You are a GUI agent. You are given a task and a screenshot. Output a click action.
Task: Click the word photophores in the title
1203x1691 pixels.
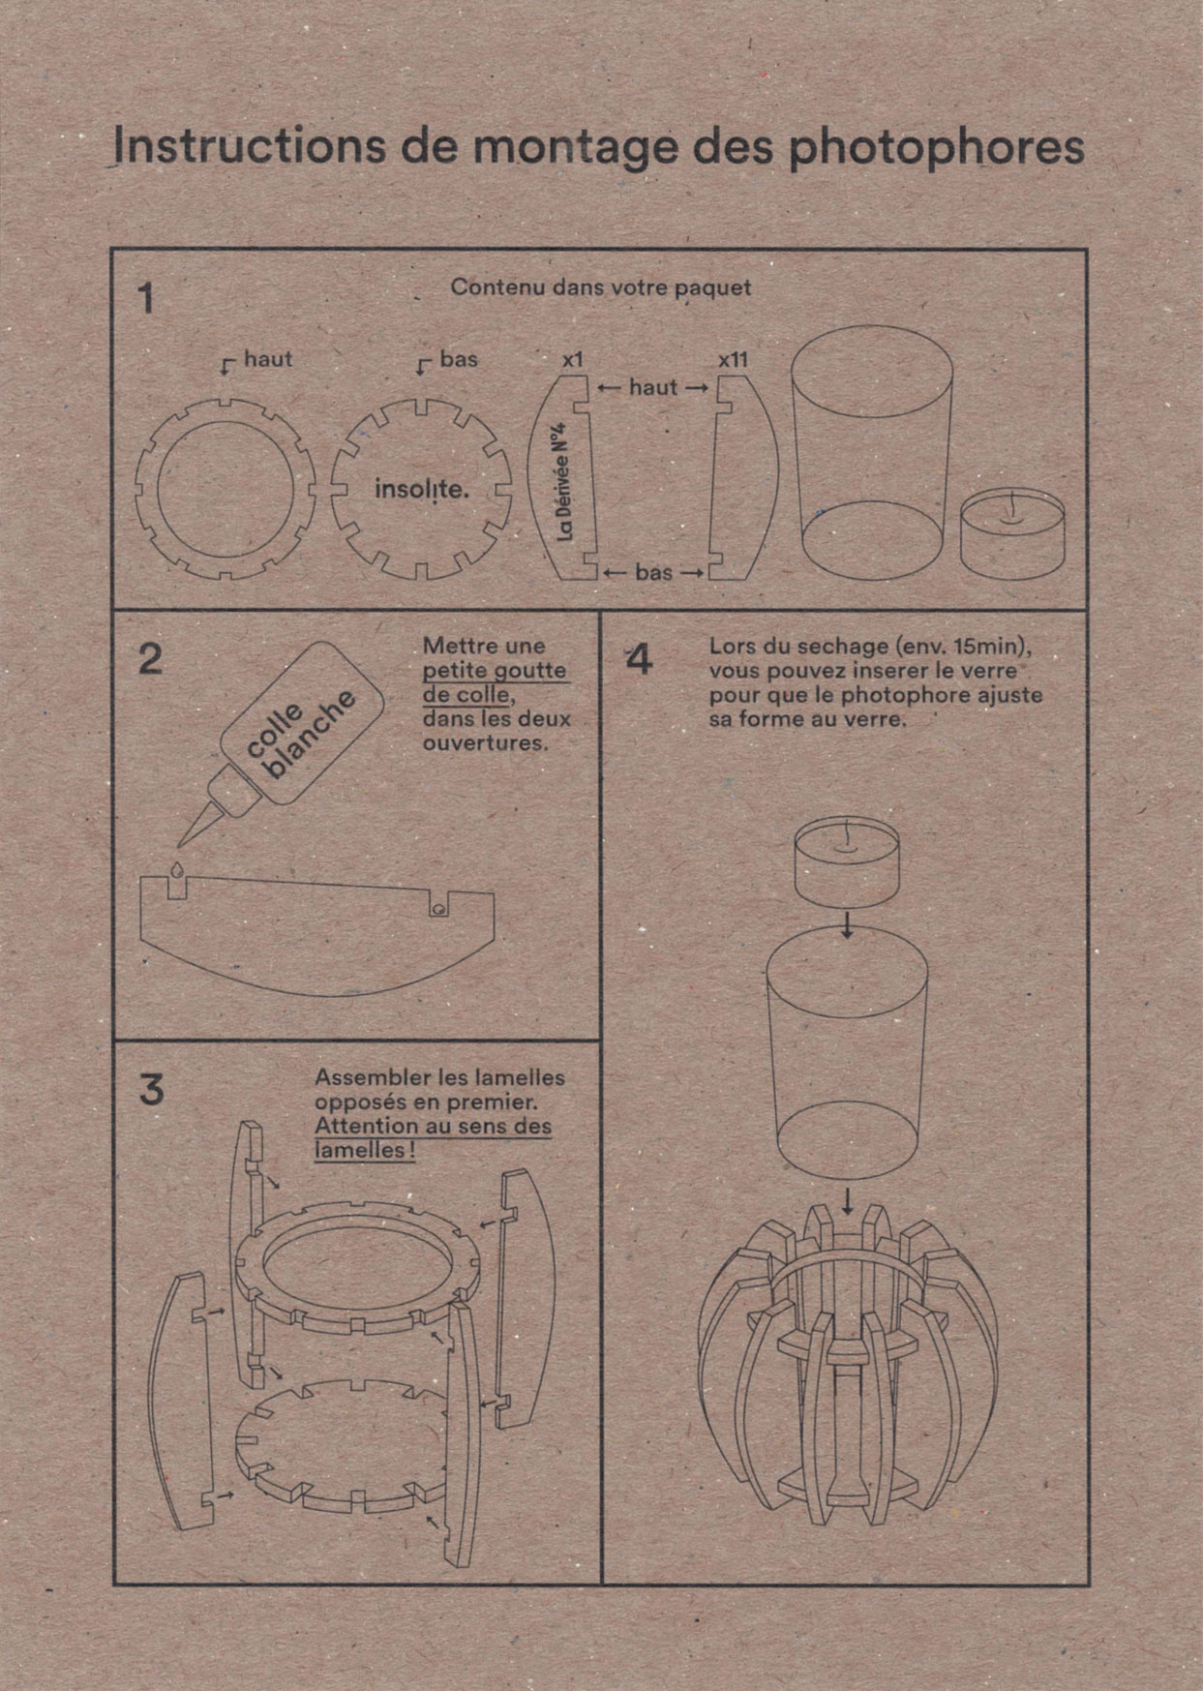936,148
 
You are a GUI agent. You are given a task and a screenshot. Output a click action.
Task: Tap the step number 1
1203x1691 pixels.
146,298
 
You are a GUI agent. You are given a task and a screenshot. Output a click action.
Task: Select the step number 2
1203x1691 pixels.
150,659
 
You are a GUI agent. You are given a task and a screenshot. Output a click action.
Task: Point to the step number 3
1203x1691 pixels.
151,1090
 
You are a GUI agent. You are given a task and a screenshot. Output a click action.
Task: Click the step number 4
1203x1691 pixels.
639,661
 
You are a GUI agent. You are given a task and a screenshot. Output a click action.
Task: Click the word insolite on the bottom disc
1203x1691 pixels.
421,490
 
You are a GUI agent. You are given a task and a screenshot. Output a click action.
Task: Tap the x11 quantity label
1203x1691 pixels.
733,359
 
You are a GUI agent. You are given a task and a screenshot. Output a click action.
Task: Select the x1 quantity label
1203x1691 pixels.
574,359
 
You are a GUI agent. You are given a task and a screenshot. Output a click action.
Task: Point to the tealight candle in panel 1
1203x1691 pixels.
1012,534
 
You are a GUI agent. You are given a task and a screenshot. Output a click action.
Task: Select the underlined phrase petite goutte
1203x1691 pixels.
495,671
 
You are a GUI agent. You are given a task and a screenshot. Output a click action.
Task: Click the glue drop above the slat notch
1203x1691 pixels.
176,869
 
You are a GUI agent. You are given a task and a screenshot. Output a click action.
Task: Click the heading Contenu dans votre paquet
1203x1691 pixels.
600,287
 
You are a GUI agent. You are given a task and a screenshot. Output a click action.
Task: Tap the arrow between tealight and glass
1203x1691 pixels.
848,926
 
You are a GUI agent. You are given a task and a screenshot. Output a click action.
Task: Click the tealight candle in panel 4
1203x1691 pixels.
847,859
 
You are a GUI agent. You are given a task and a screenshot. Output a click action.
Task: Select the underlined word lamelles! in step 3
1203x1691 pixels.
365,1151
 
